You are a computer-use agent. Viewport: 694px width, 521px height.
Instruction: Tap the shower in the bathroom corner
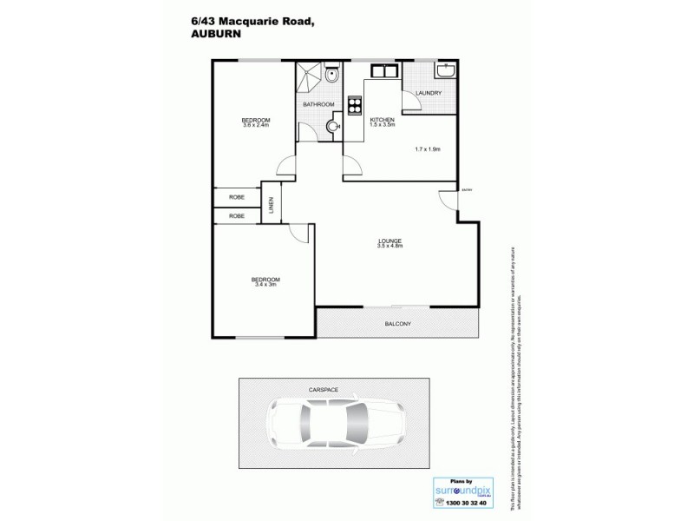308,77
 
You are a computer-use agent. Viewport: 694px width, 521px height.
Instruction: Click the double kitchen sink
383,71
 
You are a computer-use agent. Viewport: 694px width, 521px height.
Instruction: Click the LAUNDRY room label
429,93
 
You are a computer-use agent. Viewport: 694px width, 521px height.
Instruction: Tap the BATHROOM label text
318,105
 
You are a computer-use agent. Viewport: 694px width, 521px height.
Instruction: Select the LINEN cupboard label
272,205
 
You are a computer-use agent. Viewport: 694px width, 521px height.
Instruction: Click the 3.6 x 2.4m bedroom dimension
256,125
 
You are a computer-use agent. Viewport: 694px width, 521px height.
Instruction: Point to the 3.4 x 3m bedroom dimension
265,283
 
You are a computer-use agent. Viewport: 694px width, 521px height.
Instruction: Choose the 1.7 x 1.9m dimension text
429,148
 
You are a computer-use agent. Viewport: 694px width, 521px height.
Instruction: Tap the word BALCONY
397,325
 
